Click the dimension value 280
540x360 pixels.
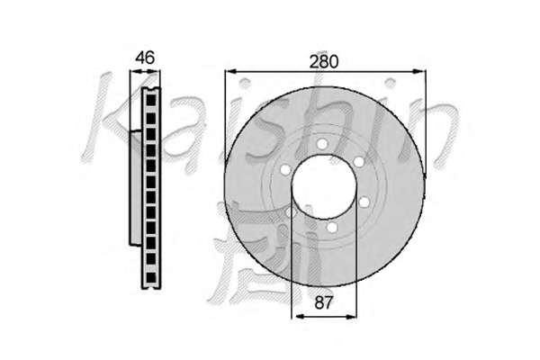(x=324, y=62)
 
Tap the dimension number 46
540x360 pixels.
(x=145, y=58)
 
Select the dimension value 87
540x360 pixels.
(x=324, y=302)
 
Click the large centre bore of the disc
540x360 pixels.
(x=324, y=186)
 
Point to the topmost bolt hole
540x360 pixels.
(x=322, y=144)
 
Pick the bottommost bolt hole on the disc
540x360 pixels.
(x=331, y=227)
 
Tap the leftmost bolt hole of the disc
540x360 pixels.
(x=285, y=169)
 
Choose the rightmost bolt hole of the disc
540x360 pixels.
(x=364, y=202)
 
